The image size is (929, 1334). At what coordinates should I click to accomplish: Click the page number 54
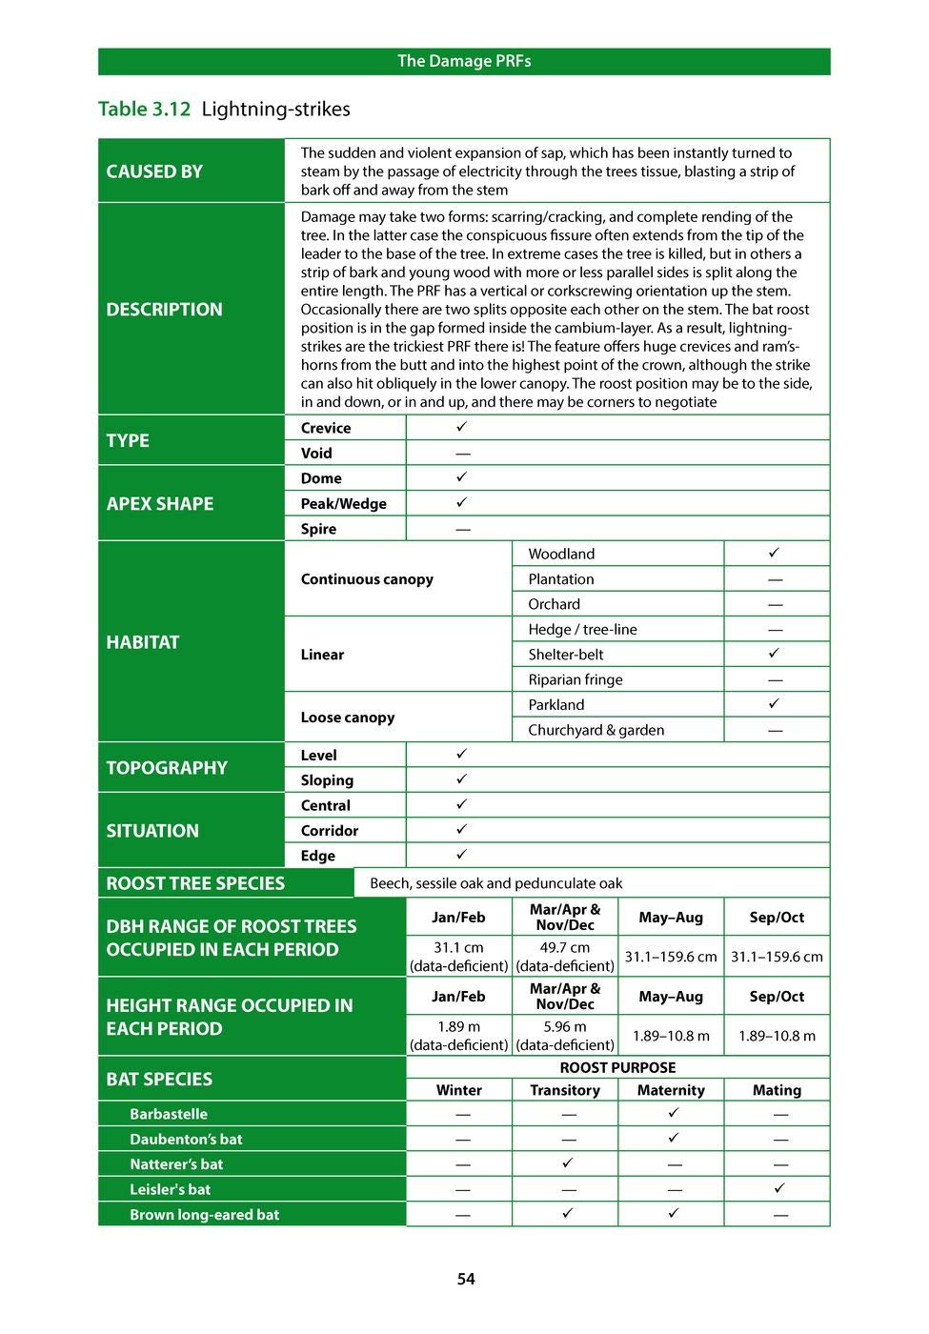(x=465, y=1279)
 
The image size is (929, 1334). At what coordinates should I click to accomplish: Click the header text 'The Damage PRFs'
(x=464, y=61)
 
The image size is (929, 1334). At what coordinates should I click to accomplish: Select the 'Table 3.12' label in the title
(x=145, y=110)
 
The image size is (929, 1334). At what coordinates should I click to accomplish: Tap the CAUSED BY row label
(x=154, y=172)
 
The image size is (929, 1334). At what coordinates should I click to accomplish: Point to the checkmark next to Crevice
(x=462, y=427)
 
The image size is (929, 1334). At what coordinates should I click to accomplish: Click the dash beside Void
(x=462, y=454)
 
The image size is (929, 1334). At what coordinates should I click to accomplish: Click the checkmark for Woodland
(x=775, y=553)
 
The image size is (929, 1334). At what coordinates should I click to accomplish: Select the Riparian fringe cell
(x=576, y=679)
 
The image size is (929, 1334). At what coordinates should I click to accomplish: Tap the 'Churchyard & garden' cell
(x=596, y=730)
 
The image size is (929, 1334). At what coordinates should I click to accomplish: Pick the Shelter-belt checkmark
(x=775, y=654)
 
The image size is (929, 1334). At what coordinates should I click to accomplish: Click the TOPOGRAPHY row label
(x=167, y=768)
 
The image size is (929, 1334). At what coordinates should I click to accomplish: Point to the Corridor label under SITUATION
(x=330, y=830)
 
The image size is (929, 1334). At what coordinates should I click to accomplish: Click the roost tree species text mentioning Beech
(x=495, y=883)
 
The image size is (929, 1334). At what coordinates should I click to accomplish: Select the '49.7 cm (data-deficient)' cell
(x=565, y=957)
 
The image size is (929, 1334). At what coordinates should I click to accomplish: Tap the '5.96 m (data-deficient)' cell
(x=565, y=1036)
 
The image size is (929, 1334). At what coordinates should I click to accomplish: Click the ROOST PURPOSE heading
(x=617, y=1067)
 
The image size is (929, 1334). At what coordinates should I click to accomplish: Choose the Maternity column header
(x=671, y=1090)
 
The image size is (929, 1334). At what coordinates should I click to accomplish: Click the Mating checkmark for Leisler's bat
(x=779, y=1188)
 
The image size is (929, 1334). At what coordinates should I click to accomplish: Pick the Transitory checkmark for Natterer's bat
(x=567, y=1163)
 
